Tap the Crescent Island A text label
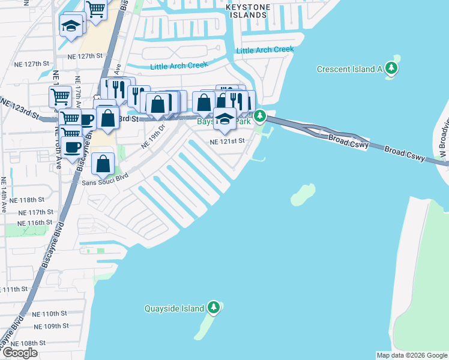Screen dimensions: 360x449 pos(349,69)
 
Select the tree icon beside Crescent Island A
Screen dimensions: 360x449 pos(392,68)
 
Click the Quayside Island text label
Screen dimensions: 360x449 pos(175,309)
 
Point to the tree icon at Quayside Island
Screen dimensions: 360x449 pos(214,308)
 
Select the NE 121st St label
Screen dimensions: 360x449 pos(228,142)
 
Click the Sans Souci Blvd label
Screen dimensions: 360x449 pos(106,179)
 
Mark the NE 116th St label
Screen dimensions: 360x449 pos(36,222)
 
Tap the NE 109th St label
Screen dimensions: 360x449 pos(50,326)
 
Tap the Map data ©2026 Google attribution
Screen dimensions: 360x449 pos(411,355)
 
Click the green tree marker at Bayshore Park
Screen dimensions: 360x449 pos(260,115)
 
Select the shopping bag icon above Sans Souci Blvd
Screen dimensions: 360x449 pos(103,163)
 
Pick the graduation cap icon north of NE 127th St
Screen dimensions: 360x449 pos(71,26)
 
